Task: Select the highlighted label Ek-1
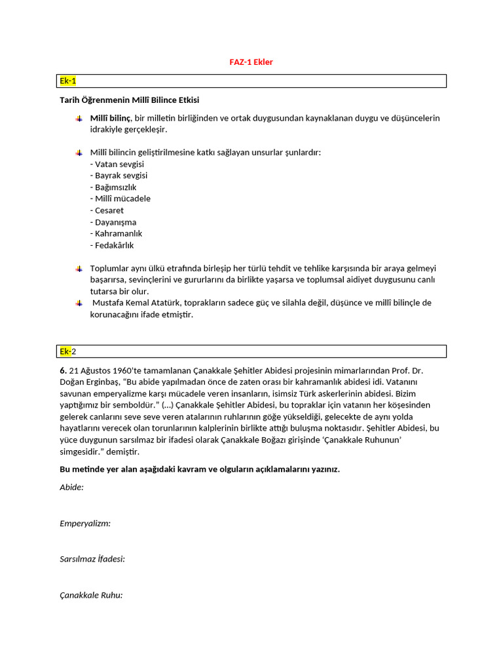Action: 68,81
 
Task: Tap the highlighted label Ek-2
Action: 68,351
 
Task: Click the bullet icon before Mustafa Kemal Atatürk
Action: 79,303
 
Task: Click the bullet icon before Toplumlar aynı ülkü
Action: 79,268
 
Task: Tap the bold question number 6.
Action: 62,370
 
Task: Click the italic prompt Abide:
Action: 71,488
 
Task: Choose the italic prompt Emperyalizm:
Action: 85,523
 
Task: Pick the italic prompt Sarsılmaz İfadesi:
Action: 92,559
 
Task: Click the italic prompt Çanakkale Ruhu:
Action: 91,595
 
